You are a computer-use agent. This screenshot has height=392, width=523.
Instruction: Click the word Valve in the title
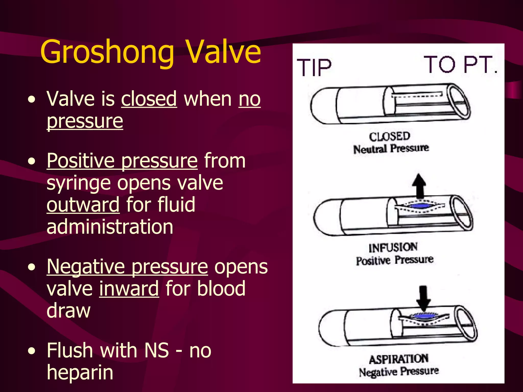[223, 52]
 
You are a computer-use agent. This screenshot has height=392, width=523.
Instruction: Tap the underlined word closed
[149, 99]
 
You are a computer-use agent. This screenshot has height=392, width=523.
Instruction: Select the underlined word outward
[83, 205]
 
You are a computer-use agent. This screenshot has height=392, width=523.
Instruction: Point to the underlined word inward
[129, 289]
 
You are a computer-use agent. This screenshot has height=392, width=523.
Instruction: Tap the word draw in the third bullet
[68, 311]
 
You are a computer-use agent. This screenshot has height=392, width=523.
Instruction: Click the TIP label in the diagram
[314, 67]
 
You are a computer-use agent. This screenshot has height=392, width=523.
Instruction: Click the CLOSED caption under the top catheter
[389, 137]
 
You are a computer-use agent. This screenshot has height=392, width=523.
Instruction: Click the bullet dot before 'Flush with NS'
[32, 351]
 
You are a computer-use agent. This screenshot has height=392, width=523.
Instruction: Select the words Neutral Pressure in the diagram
[391, 148]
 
